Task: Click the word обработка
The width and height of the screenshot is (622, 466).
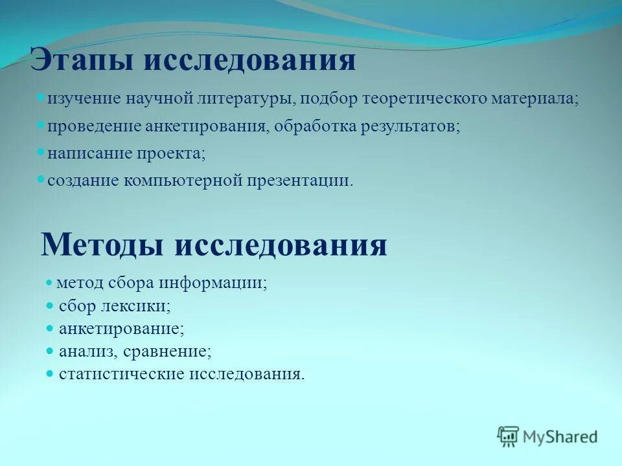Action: coord(312,127)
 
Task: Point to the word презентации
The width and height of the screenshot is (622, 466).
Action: coord(299,181)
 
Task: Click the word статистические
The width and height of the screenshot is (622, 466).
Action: coord(121,374)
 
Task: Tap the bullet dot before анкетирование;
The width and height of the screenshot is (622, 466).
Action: coord(50,328)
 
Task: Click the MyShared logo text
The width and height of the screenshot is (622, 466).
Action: coord(561,437)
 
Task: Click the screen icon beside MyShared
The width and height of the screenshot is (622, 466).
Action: coord(509,436)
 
